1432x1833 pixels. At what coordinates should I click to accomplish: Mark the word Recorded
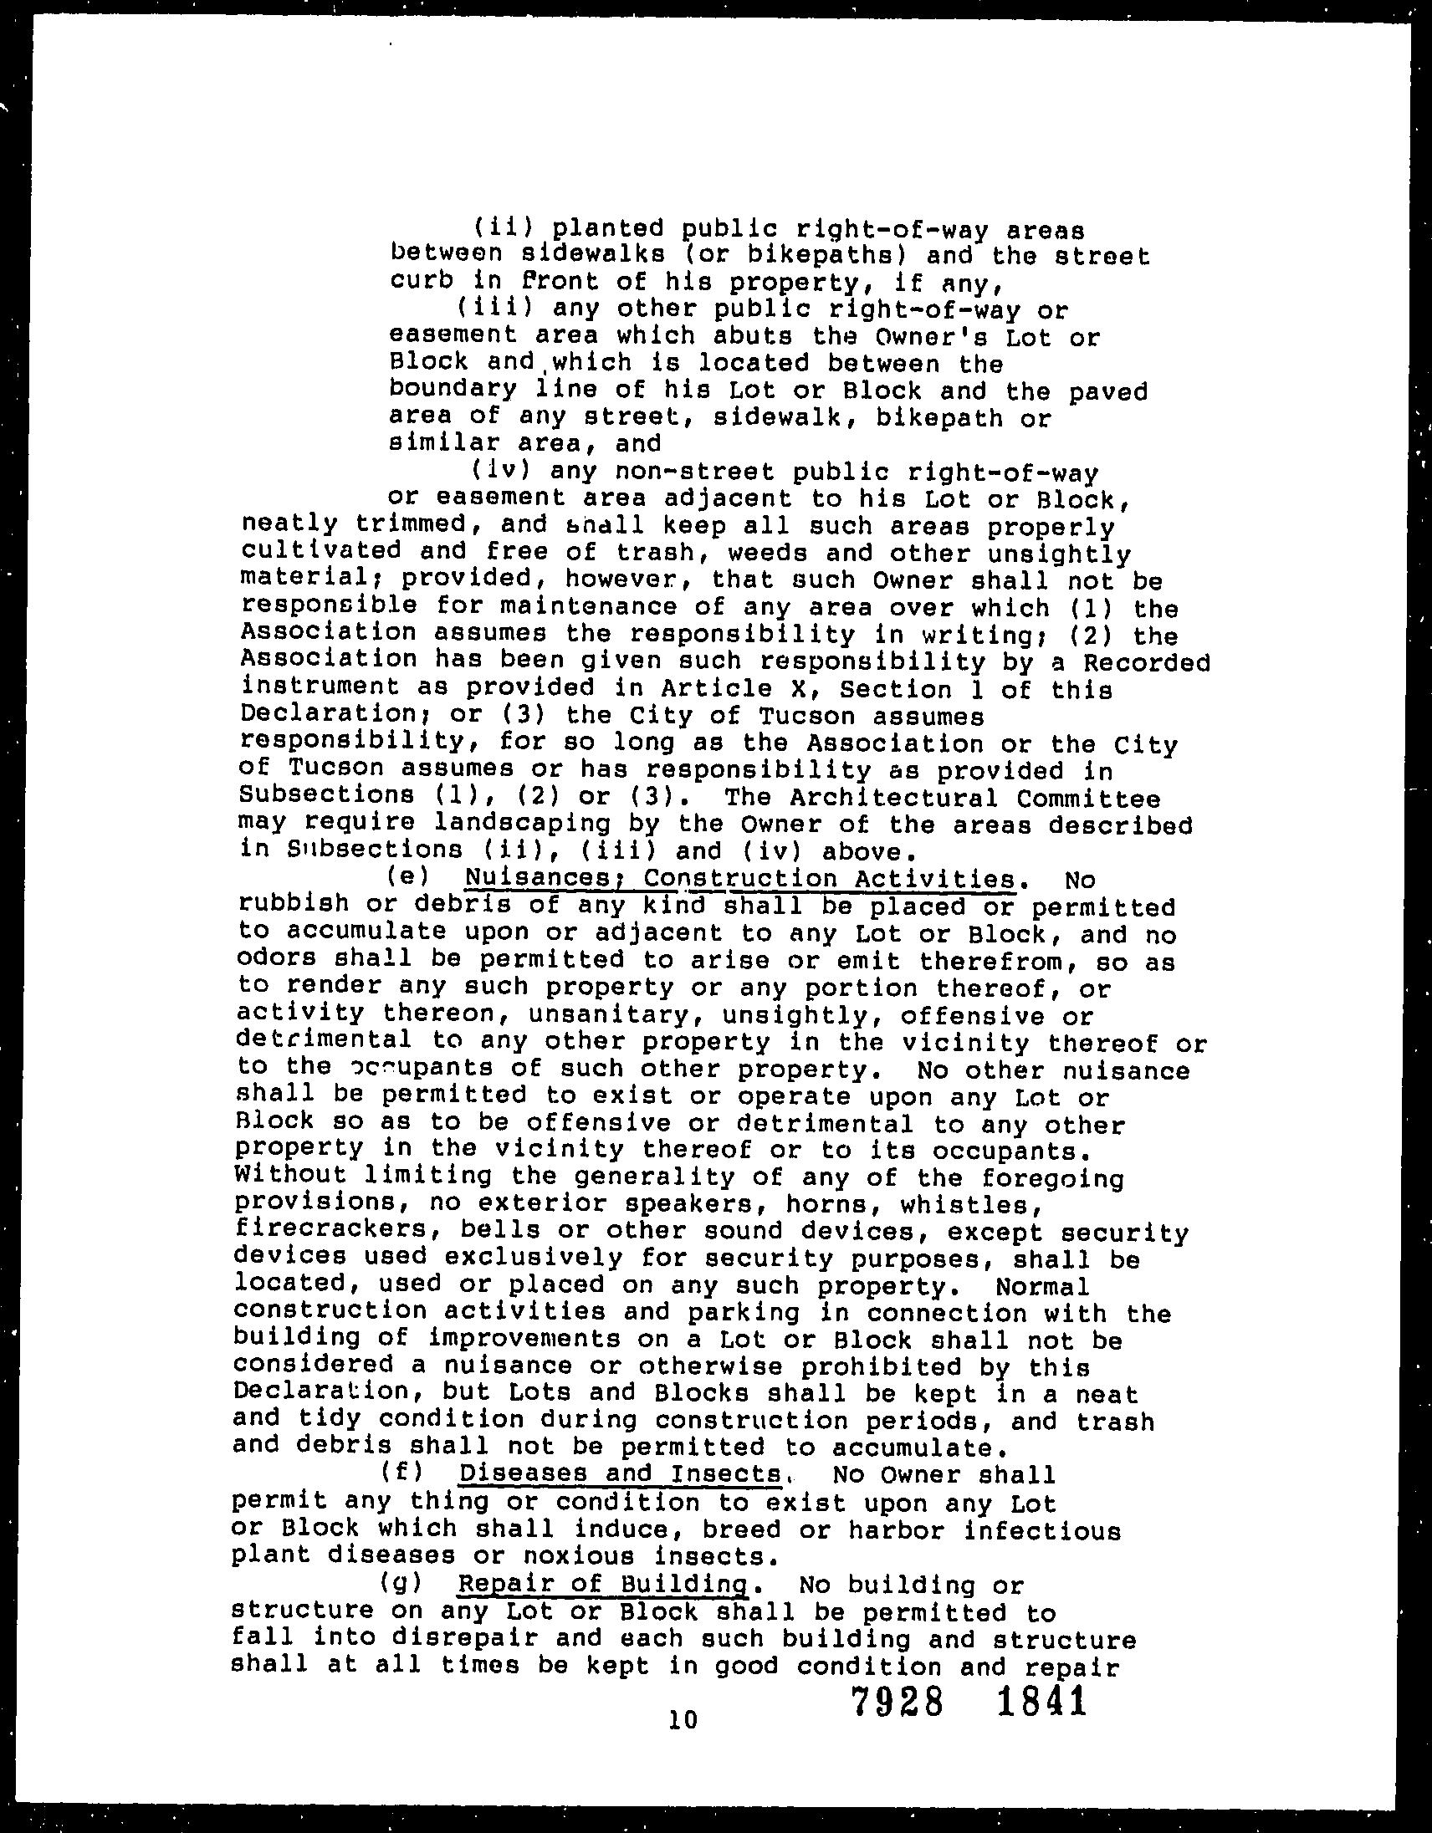coord(1147,662)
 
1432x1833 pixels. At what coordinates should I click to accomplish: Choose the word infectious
coord(1041,1530)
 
